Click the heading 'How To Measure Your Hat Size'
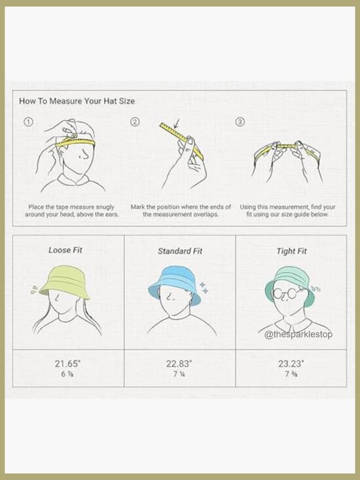click(x=77, y=101)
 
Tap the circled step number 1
click(x=28, y=122)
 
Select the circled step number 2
click(x=135, y=122)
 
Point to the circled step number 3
click(x=240, y=122)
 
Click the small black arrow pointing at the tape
click(x=176, y=123)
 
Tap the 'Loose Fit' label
click(x=65, y=250)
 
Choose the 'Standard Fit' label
click(x=180, y=251)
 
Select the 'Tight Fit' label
click(x=291, y=251)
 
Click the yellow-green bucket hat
click(x=65, y=282)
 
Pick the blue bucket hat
click(x=174, y=282)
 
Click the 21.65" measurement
click(x=67, y=363)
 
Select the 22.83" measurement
click(x=179, y=363)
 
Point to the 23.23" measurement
click(x=291, y=363)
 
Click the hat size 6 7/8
click(x=67, y=374)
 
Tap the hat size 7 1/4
click(x=179, y=374)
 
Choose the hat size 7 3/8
click(x=291, y=374)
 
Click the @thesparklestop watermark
click(x=298, y=334)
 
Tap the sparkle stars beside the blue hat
click(x=204, y=287)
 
